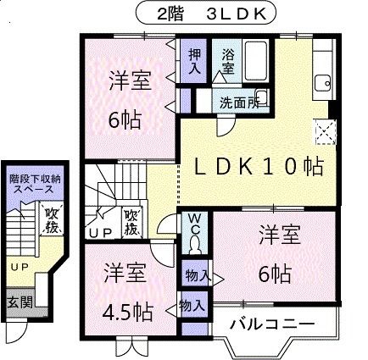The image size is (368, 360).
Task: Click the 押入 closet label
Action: point(194,61)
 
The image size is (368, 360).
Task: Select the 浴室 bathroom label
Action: point(228,61)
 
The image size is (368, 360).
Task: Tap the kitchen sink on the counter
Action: point(322,82)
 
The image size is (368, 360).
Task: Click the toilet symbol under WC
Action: point(195,244)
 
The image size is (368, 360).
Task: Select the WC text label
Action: point(194,222)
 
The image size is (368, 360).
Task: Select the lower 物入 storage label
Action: point(192,306)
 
